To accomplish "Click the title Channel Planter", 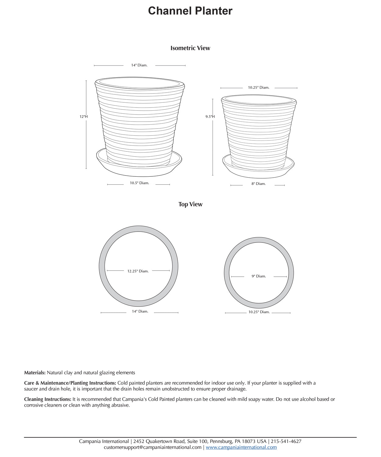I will coord(190,11).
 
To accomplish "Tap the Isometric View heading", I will coord(190,48).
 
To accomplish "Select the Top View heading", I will coord(190,204).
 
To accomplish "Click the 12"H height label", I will coord(84,117).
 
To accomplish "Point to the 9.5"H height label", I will coord(210,117).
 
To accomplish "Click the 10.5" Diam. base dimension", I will coord(139,183).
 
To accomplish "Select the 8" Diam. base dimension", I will coord(258,184).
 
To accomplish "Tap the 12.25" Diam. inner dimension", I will coord(138,271).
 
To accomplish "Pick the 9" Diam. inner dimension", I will coord(258,276).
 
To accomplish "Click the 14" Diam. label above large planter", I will coord(139,65).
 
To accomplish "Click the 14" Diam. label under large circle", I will coord(140,311).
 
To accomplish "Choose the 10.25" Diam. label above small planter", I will coord(258,87).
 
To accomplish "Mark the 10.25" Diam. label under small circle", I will coord(259,312).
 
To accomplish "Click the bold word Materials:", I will coord(35,373).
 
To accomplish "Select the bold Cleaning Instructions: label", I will coord(48,399).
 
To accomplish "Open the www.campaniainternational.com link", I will coord(241,447).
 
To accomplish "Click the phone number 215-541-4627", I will coord(286,441).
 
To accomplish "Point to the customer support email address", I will coord(152,447).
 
